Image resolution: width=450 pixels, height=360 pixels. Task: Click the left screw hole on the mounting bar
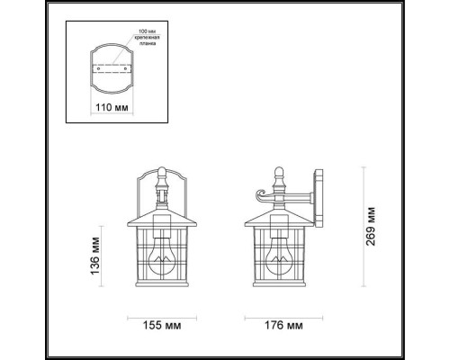[96, 67]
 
